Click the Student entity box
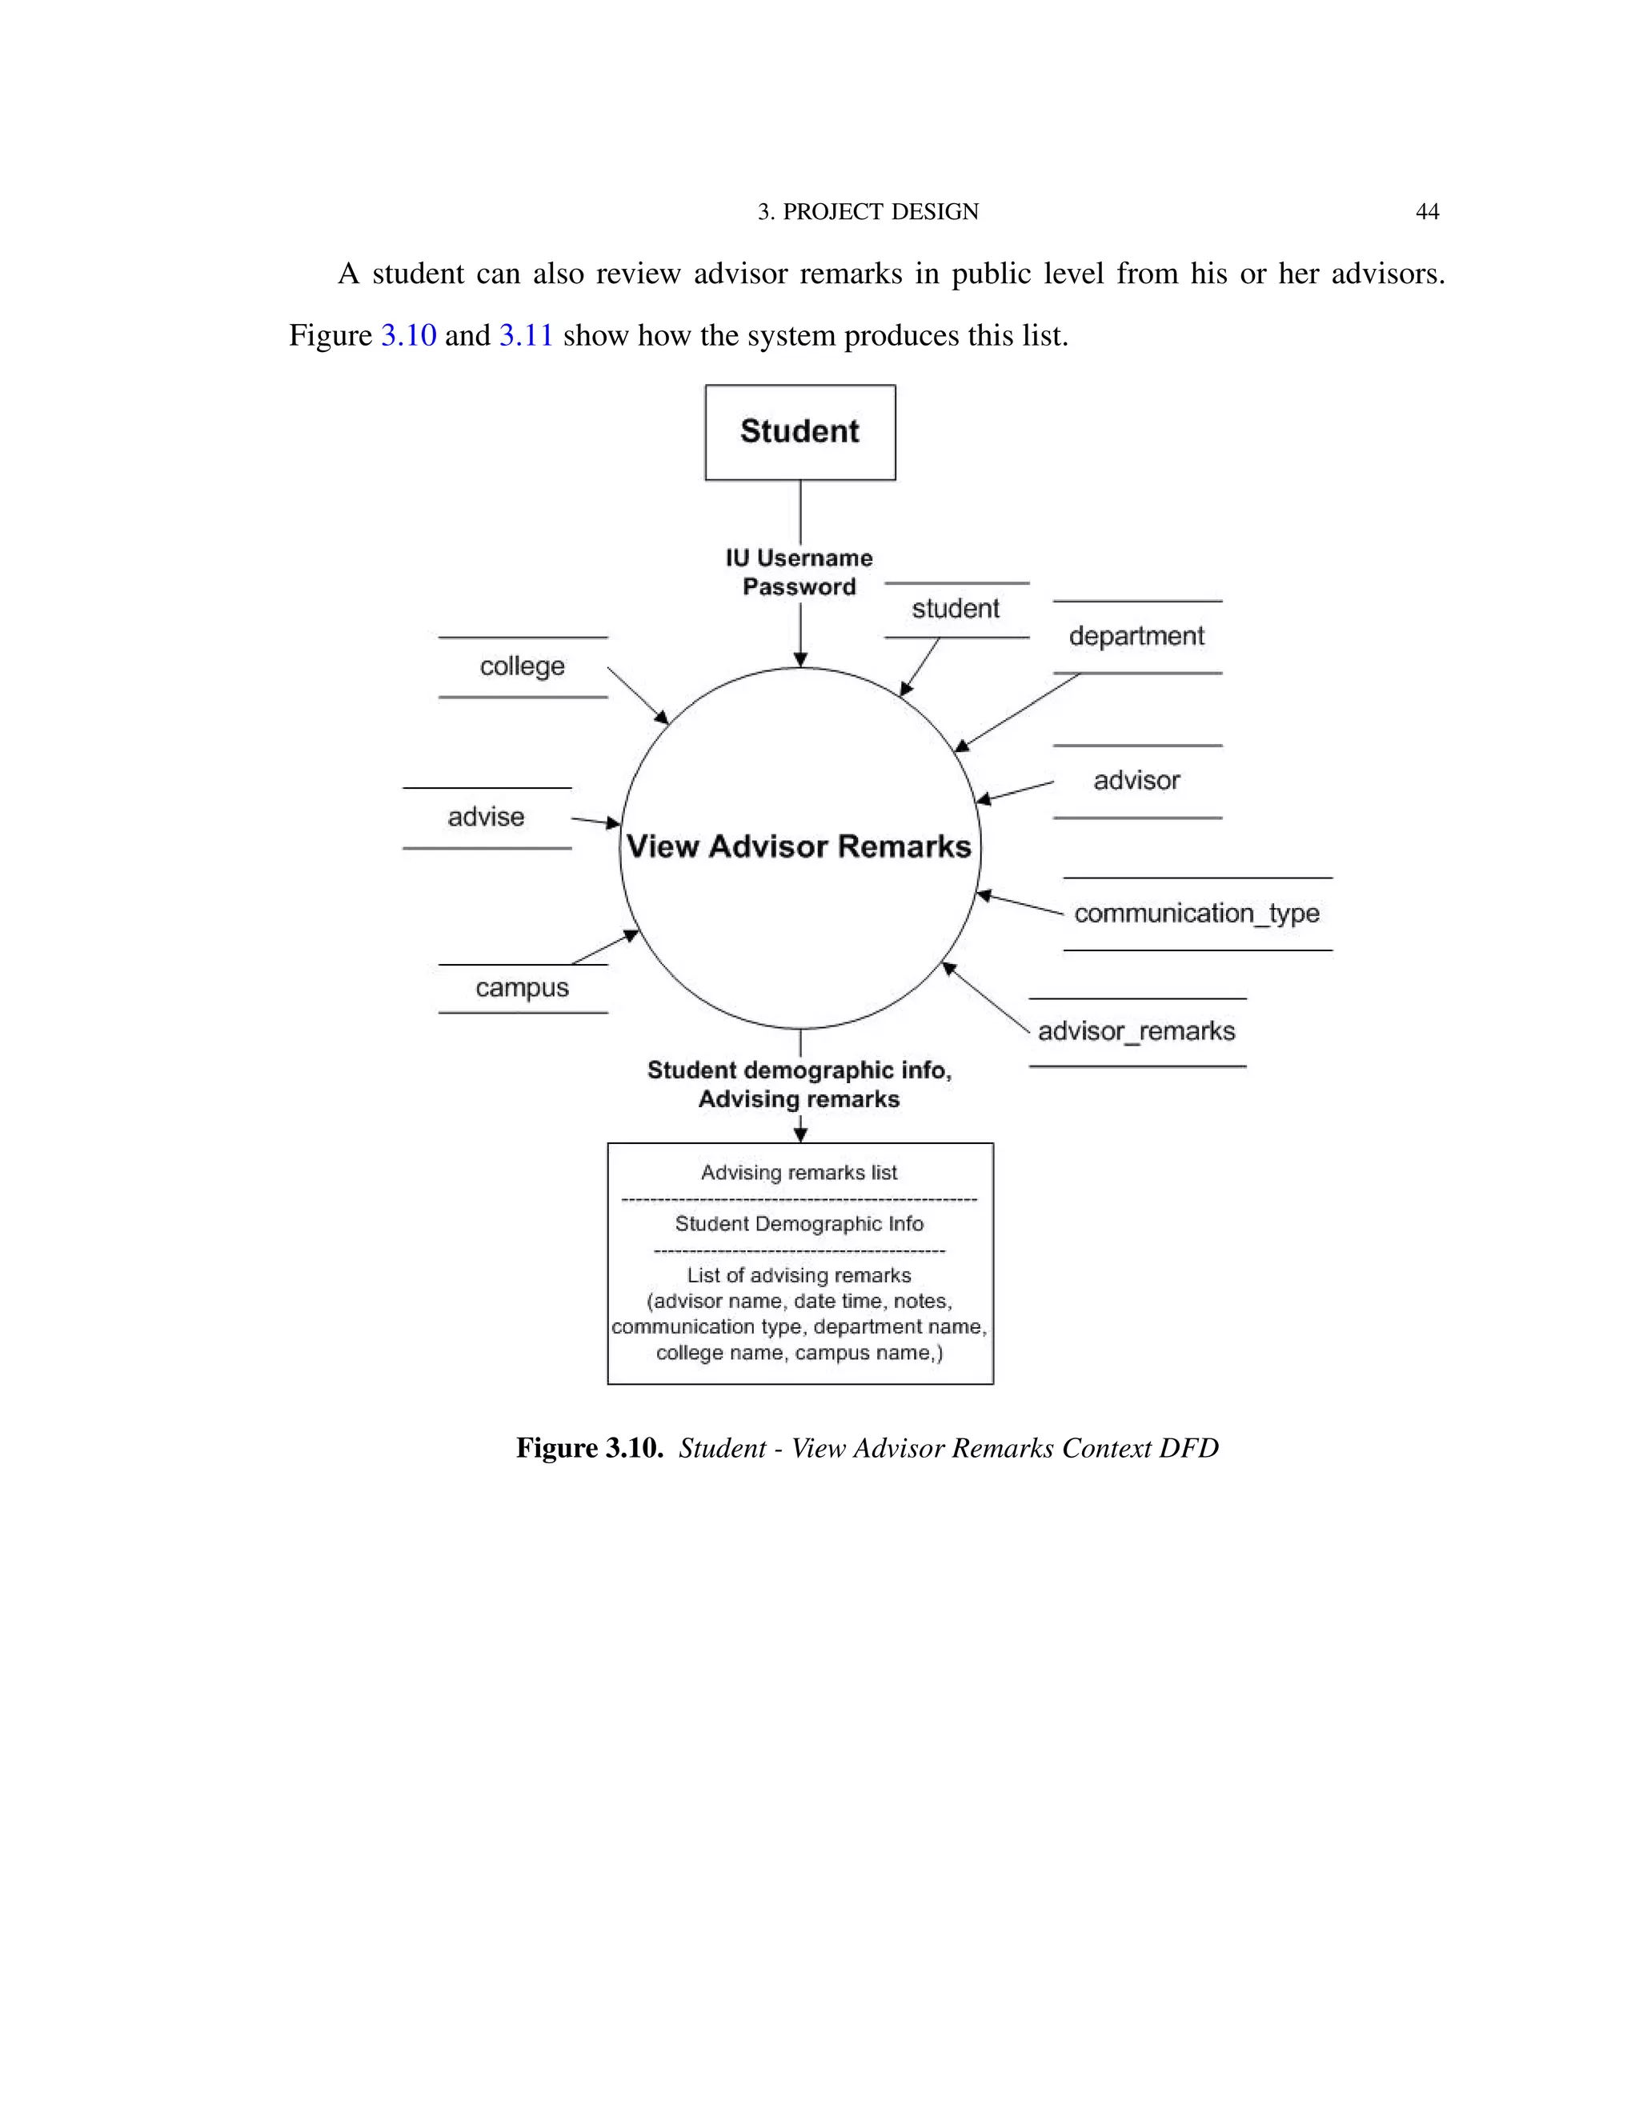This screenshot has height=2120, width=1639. pos(799,432)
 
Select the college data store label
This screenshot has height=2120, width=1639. pos(522,667)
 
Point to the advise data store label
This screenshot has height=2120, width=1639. pos(486,818)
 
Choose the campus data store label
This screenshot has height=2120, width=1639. pos(522,988)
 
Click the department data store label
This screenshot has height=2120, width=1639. pos(1136,637)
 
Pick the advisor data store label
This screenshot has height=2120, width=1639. pos(1136,782)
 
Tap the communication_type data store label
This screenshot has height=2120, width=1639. pos(1196,914)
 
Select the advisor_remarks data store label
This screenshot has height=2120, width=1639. pos(1136,1031)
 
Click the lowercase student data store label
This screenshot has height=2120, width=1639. pos(956,610)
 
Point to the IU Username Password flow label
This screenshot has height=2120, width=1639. pos(799,572)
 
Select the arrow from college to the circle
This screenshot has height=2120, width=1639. pos(638,695)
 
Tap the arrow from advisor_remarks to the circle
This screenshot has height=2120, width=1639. pos(984,997)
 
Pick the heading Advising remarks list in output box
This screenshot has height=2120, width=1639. pos(799,1173)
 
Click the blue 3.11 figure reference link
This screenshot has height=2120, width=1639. pos(525,336)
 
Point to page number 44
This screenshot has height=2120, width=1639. pos(1426,212)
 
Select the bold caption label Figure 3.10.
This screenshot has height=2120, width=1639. pos(588,1448)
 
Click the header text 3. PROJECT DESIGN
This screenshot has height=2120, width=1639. pos(868,212)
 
